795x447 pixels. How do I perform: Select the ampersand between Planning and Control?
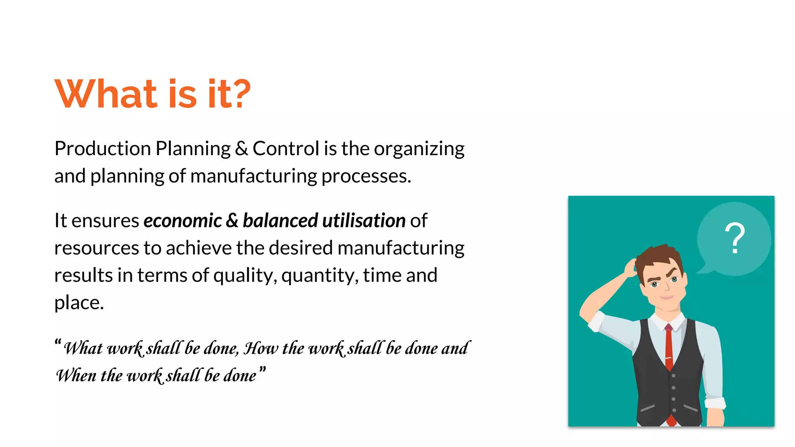241,149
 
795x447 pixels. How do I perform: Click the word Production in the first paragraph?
102,149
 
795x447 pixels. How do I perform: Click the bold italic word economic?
182,221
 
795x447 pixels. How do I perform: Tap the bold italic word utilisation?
364,221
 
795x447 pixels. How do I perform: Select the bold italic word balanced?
280,221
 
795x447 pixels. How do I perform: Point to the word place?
78,303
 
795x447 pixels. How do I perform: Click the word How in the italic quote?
260,348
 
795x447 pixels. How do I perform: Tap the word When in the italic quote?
76,375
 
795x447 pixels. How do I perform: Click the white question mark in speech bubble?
734,238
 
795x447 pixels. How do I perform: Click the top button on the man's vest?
673,376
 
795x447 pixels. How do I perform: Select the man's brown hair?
660,256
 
